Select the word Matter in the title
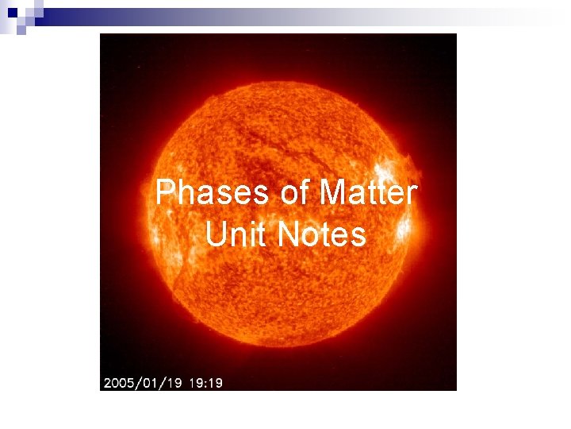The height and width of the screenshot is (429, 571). pyautogui.click(x=367, y=193)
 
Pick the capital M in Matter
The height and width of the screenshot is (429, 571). pyautogui.click(x=332, y=193)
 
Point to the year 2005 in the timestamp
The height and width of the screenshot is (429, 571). pyautogui.click(x=118, y=383)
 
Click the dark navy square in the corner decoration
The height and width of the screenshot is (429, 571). pyautogui.click(x=13, y=13)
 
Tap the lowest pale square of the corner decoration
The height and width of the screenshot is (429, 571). pyautogui.click(x=21, y=32)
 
